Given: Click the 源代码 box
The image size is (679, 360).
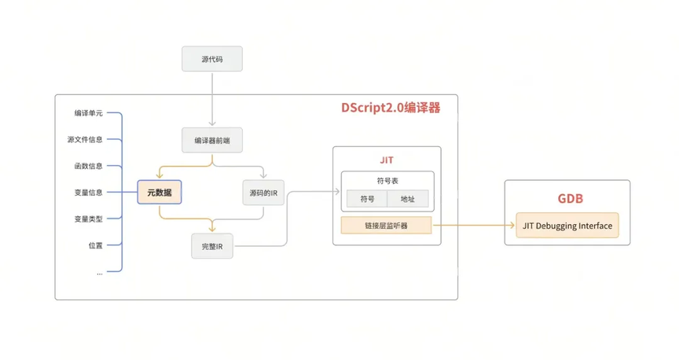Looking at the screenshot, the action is (212, 59).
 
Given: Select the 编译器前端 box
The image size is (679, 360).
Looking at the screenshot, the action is (212, 140).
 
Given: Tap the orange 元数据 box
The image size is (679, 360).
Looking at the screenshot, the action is (160, 192).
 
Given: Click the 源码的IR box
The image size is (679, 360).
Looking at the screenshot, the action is (263, 193).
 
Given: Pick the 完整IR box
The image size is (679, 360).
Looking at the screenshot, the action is (212, 246).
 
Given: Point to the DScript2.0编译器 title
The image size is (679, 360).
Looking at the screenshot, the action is (391, 108).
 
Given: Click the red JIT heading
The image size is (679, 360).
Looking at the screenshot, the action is (387, 160).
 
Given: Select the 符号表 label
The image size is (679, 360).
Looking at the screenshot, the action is (387, 181).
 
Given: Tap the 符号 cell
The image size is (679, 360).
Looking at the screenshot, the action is (367, 199).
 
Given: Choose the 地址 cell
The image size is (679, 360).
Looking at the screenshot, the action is (408, 199).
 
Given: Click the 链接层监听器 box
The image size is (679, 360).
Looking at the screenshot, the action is (387, 226).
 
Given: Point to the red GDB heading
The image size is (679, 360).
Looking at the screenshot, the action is (571, 199).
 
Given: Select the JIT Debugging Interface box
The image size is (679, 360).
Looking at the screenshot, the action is (567, 226).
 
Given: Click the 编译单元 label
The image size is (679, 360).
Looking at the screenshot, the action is (88, 113).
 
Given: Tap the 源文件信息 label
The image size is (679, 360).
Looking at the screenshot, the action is (85, 139).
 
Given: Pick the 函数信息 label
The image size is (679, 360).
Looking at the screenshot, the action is (88, 166).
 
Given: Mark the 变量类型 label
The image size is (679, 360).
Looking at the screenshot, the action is (88, 219).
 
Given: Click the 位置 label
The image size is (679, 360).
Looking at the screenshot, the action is (96, 245).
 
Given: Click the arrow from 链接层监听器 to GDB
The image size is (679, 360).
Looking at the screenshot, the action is (474, 226).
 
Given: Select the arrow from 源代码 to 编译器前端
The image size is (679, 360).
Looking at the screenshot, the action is (212, 99).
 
